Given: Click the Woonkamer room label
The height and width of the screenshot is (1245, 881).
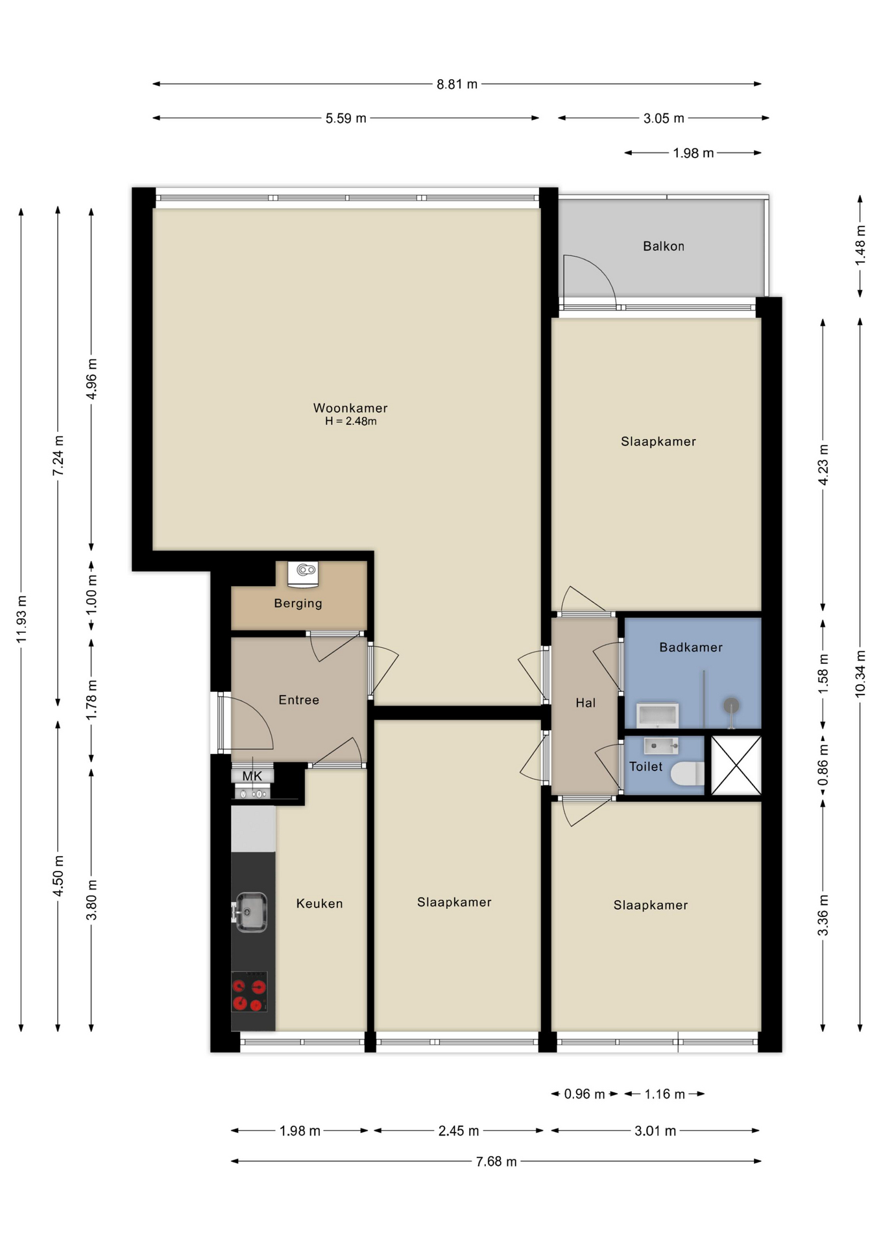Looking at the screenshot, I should [350, 408].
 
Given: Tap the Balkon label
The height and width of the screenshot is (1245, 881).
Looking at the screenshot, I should [663, 246].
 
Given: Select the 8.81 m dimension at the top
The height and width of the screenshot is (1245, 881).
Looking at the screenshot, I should [457, 84].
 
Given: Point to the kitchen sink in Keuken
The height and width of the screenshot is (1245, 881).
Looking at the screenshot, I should [250, 912].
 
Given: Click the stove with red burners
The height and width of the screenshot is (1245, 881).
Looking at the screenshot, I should [249, 991].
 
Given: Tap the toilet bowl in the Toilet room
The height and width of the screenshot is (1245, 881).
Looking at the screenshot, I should [688, 773].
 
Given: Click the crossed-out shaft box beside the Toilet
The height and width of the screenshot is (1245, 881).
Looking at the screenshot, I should [736, 765].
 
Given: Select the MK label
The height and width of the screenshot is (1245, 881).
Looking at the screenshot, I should [252, 776].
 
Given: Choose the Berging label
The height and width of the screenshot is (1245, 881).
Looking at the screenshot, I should [298, 603].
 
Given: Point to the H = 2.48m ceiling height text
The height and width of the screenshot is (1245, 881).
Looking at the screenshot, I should [350, 421].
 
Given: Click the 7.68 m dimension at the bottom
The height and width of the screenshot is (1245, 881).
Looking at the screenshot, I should [496, 1161].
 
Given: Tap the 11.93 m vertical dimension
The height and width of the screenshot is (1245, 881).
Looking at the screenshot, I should [21, 619].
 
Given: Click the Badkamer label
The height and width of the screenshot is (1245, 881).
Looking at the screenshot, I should [690, 647].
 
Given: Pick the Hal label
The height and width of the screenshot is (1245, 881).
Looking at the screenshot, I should [585, 703].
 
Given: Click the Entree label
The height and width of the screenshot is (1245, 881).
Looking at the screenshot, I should [298, 700].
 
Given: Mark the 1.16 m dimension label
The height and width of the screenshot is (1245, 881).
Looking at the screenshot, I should [664, 1095].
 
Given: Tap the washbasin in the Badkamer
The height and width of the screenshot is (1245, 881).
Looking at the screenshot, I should [657, 715].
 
